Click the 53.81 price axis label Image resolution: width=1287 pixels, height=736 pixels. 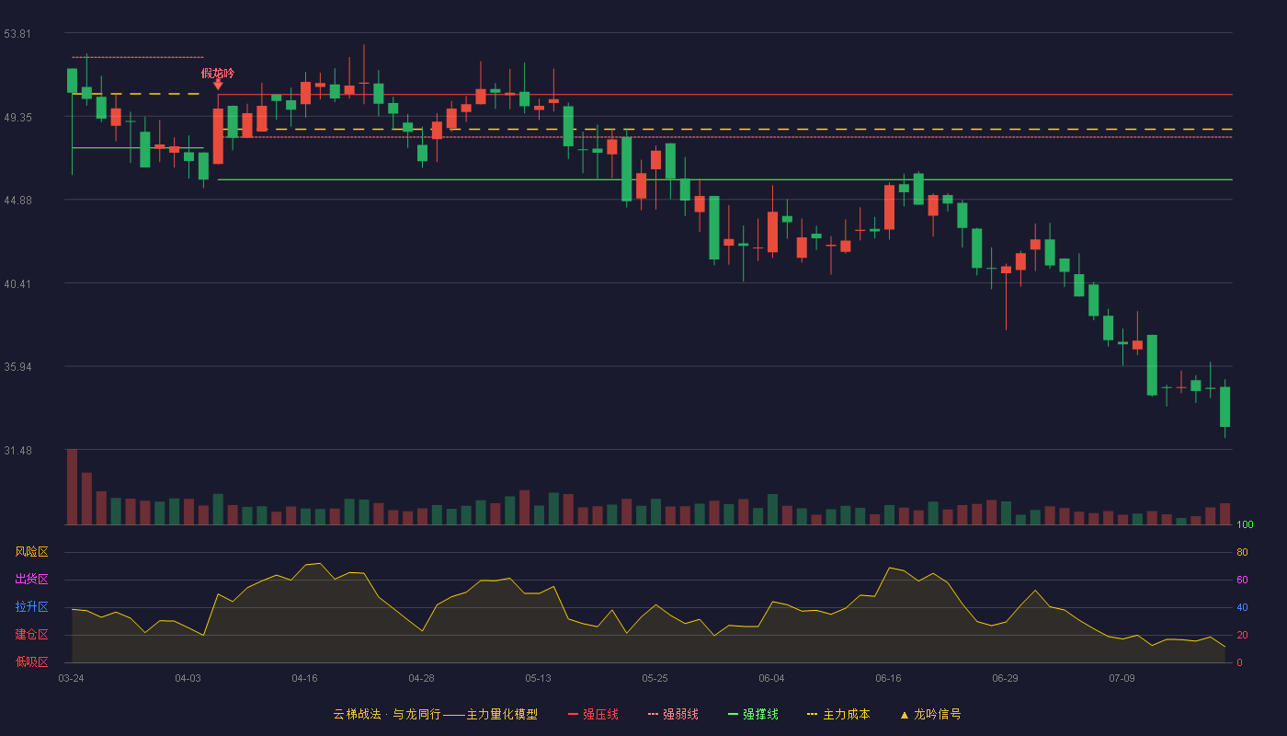click(x=17, y=34)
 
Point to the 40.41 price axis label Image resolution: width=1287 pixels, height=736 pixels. click(x=17, y=284)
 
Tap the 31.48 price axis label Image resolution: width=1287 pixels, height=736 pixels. click(x=17, y=451)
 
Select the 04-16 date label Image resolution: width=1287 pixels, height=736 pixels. click(x=304, y=679)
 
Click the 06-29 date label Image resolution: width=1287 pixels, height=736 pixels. click(x=1005, y=679)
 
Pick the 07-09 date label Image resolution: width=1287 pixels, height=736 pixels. click(x=1122, y=679)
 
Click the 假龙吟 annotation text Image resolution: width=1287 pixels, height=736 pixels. click(x=218, y=73)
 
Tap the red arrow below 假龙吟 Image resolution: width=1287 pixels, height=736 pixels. click(x=219, y=85)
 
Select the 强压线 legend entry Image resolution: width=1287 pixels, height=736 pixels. click(x=593, y=714)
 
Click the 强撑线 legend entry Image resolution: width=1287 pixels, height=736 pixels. click(x=753, y=714)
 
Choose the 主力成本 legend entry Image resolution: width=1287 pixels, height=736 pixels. click(x=838, y=714)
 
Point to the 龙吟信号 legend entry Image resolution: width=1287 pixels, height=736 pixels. click(x=930, y=714)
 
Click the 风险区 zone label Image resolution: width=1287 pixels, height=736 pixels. click(x=31, y=552)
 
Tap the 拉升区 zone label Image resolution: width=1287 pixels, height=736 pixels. click(x=31, y=607)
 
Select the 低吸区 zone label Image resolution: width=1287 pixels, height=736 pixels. click(x=31, y=662)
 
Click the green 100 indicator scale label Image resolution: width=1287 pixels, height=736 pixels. click(x=1245, y=524)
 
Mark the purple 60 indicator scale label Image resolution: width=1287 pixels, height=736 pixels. click(x=1242, y=580)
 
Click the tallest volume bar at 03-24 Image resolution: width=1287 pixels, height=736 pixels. click(x=72, y=487)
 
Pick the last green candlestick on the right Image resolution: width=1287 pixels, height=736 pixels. click(x=1224, y=407)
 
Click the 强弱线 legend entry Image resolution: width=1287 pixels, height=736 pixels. click(x=673, y=714)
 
